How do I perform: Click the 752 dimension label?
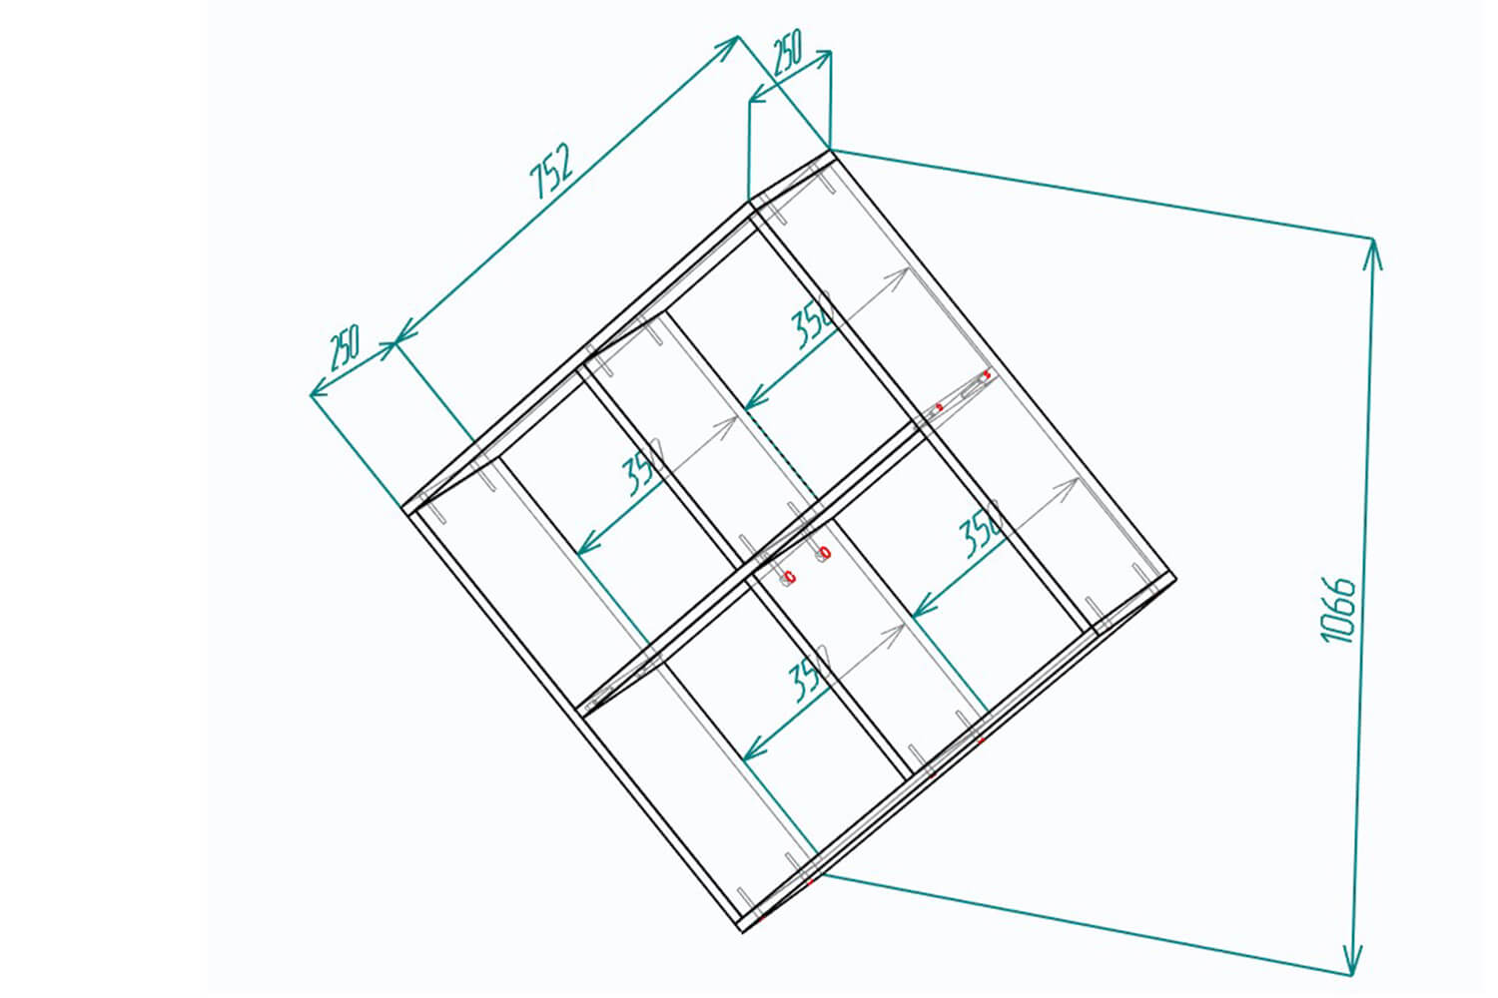(x=551, y=170)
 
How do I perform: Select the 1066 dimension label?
(x=1339, y=610)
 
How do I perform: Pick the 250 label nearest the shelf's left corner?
(x=345, y=347)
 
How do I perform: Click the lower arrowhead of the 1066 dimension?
(x=1353, y=960)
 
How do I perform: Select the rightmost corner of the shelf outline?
(x=1175, y=578)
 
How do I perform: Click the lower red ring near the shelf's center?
(x=791, y=576)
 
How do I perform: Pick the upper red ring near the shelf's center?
(x=825, y=553)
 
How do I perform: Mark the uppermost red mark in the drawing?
(x=987, y=374)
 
